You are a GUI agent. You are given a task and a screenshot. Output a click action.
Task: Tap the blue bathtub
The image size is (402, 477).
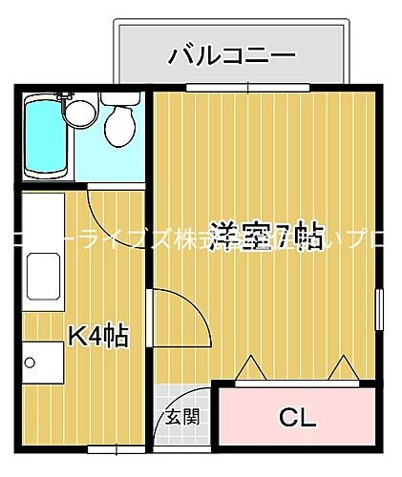pos(44,138)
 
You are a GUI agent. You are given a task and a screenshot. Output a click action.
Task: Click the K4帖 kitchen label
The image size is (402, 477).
pos(97,335)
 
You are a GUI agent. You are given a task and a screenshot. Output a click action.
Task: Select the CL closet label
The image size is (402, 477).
pos(297,417)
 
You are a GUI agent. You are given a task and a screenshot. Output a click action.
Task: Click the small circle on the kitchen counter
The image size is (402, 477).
pos(31,363)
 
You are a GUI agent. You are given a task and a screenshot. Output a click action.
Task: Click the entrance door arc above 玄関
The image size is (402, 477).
pos(191,393)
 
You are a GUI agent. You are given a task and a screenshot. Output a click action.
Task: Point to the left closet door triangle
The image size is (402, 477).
pos(250,368)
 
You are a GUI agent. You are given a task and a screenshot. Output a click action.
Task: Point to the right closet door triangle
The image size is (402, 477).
pos(341,368)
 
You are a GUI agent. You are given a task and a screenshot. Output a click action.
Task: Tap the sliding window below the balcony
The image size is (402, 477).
pos(248,89)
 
